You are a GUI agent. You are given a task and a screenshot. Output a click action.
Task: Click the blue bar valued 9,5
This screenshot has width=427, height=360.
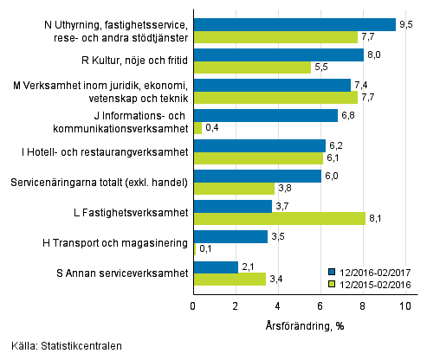[x=294, y=24]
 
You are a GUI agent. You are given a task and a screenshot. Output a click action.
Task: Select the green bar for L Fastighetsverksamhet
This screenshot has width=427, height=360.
[x=279, y=219]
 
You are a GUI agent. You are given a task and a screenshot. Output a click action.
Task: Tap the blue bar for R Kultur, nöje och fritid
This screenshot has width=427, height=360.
[x=278, y=55]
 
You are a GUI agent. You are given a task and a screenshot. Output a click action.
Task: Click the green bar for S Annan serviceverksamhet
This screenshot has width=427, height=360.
[x=229, y=279]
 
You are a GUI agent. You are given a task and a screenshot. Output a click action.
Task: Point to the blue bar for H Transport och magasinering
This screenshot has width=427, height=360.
[x=230, y=236]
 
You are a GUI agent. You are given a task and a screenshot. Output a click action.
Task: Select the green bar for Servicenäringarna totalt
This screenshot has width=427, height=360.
[x=233, y=189]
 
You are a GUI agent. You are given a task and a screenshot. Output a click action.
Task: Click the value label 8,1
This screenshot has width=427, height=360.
[x=375, y=219]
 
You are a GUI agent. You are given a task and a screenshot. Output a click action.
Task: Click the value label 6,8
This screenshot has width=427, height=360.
[x=348, y=115]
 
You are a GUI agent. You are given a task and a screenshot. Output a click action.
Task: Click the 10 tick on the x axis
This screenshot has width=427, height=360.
[x=405, y=305]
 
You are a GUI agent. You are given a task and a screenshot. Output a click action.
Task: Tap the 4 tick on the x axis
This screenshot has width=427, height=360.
[x=278, y=305]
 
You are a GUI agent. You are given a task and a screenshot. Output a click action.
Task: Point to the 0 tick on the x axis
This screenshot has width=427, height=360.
[x=193, y=305]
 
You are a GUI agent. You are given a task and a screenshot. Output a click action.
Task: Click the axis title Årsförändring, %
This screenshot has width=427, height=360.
[x=298, y=326]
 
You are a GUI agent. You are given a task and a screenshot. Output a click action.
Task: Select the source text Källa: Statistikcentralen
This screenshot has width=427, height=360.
[x=61, y=346]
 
